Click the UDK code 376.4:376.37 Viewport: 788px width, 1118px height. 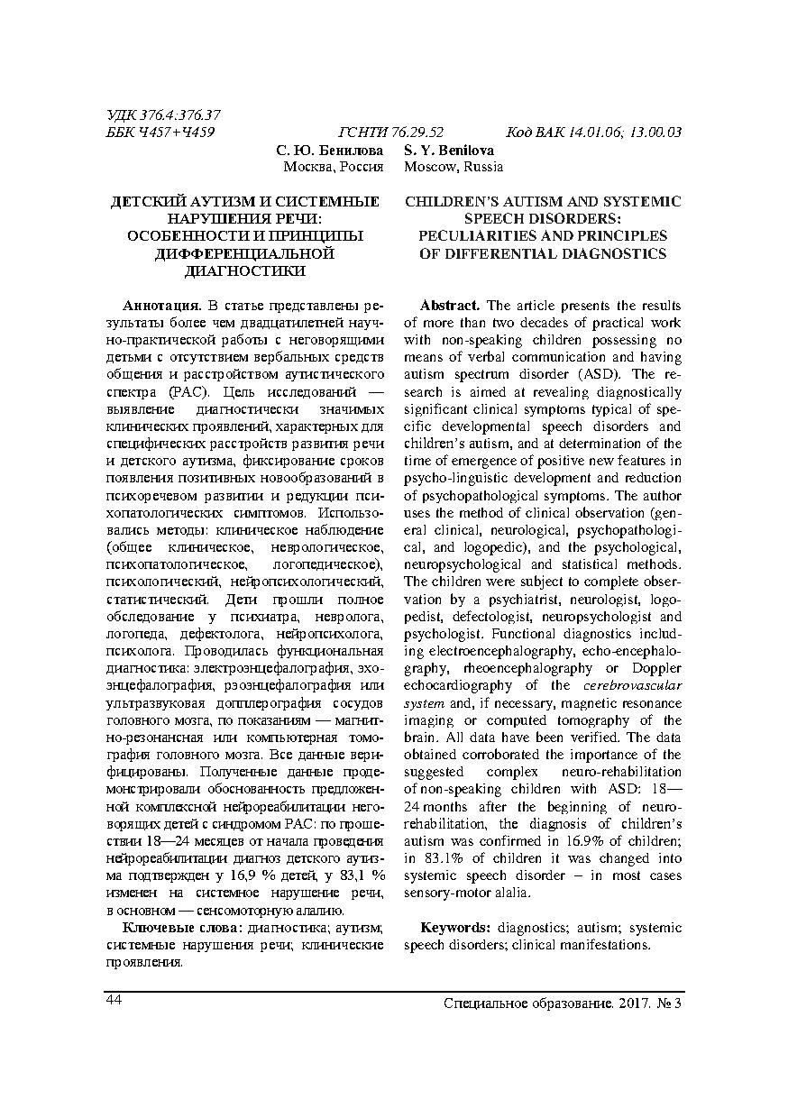(180, 115)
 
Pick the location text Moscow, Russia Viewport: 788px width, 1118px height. (454, 167)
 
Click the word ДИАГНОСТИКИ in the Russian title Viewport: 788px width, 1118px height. (244, 270)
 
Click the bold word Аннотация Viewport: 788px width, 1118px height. (160, 306)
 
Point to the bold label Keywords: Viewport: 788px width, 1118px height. (455, 928)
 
